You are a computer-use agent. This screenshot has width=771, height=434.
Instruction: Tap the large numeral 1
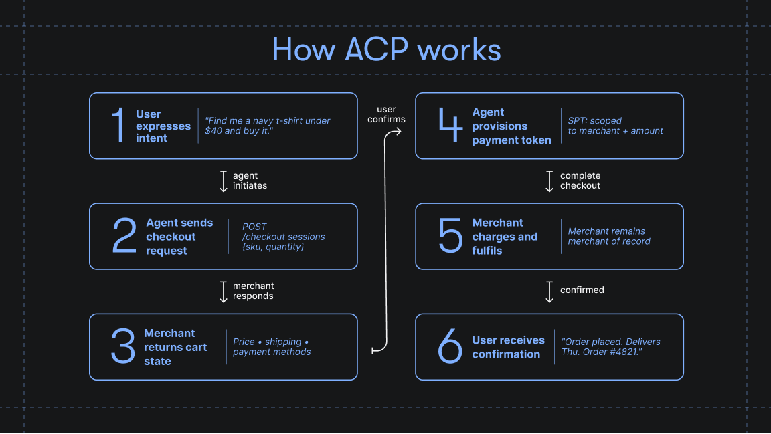[118, 126]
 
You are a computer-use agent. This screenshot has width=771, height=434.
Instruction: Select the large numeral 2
[124, 237]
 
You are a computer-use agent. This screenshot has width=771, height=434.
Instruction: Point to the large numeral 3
[123, 347]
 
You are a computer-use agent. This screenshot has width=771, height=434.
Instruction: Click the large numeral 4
[450, 126]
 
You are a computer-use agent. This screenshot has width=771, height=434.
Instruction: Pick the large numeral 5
[450, 237]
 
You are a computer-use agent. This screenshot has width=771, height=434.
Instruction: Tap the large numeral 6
[450, 347]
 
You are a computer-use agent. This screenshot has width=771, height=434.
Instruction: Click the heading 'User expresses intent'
[163, 126]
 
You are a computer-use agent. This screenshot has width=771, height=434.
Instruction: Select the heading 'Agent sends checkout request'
[179, 237]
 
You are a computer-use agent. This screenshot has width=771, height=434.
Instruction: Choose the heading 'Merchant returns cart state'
[175, 347]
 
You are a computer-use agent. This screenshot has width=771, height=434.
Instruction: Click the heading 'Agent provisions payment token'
[511, 126]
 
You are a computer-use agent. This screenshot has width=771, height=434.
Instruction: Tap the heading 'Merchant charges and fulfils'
[505, 237]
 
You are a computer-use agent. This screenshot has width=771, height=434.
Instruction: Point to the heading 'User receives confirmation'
[508, 347]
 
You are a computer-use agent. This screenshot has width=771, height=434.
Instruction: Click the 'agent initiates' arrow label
[250, 181]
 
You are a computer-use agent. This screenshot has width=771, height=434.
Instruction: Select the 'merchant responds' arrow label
[253, 291]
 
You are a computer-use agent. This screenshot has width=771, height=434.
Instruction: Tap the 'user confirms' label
[386, 114]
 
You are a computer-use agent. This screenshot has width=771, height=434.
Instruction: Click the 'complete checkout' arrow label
[580, 181]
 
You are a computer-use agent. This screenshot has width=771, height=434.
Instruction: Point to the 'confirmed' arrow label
[582, 290]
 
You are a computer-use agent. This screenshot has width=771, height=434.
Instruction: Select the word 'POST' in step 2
[254, 227]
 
